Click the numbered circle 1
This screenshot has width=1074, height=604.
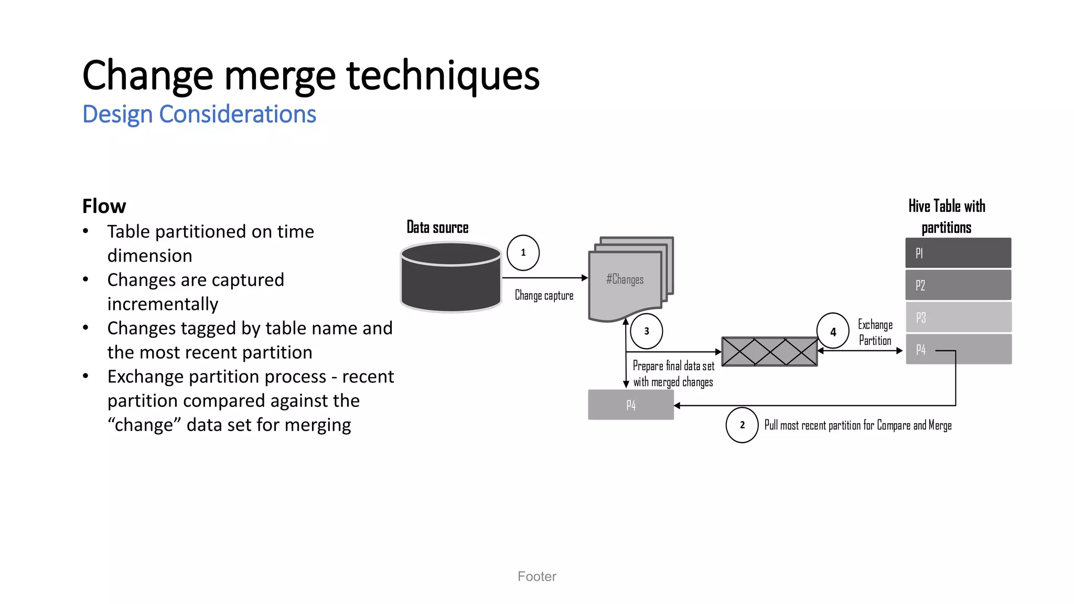pyautogui.click(x=523, y=253)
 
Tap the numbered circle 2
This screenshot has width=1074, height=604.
pyautogui.click(x=742, y=425)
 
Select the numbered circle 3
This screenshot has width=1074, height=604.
pyautogui.click(x=646, y=331)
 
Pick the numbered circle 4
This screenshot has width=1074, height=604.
pyautogui.click(x=833, y=331)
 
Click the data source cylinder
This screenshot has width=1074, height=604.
pyautogui.click(x=451, y=278)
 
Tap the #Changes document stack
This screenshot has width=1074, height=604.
pyautogui.click(x=627, y=281)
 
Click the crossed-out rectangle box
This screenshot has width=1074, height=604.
pyautogui.click(x=769, y=351)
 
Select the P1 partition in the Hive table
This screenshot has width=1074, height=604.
pyautogui.click(x=958, y=253)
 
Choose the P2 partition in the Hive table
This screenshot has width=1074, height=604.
pyautogui.click(x=958, y=285)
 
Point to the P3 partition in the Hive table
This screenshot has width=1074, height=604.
pyautogui.click(x=958, y=317)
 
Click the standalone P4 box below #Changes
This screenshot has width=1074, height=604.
pyautogui.click(x=631, y=405)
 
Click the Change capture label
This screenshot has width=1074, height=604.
pyautogui.click(x=544, y=296)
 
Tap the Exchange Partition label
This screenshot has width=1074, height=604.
pyautogui.click(x=875, y=332)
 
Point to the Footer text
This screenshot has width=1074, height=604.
pyautogui.click(x=536, y=576)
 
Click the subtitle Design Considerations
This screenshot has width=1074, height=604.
pyautogui.click(x=199, y=114)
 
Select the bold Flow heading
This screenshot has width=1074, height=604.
pyautogui.click(x=104, y=206)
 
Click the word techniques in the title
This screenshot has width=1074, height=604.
pyautogui.click(x=443, y=75)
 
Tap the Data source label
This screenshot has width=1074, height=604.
pyautogui.click(x=437, y=228)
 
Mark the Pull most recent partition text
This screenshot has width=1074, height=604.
pyautogui.click(x=857, y=425)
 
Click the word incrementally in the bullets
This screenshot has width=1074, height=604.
pyautogui.click(x=163, y=304)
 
